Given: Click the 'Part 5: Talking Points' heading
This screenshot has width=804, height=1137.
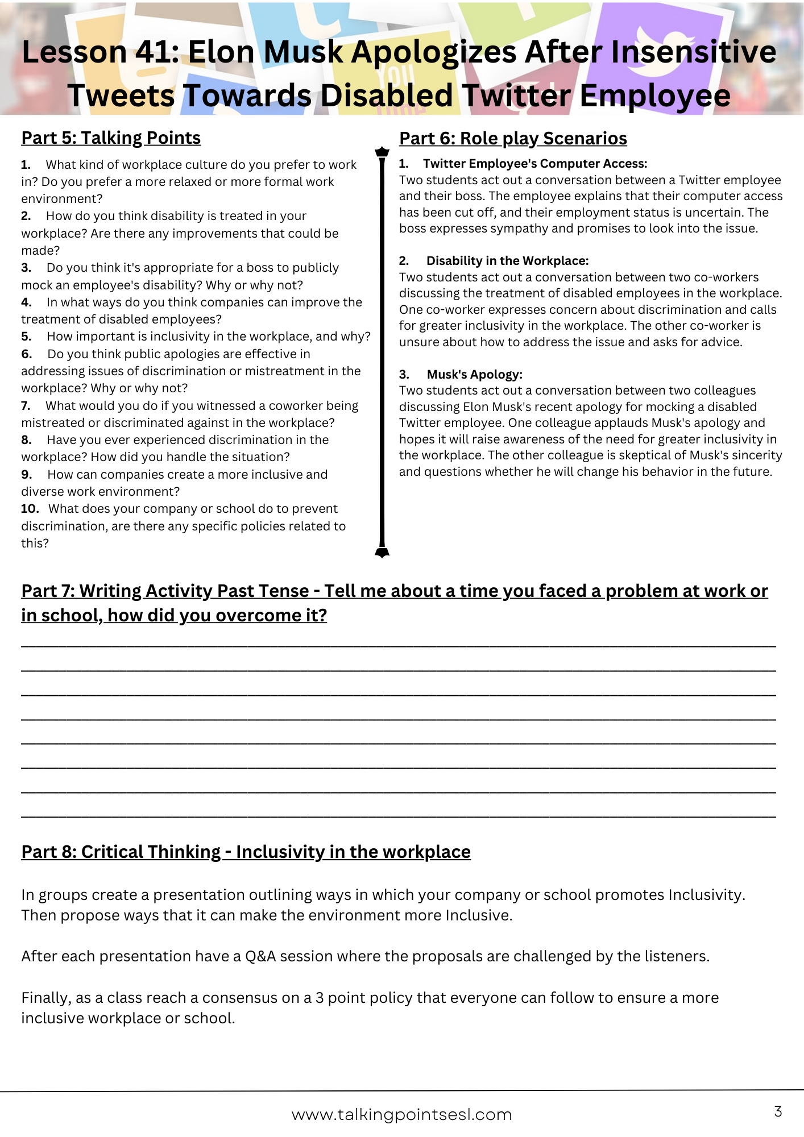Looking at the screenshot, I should (x=111, y=138).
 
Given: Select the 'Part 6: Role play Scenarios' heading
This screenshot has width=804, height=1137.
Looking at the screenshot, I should (x=513, y=139).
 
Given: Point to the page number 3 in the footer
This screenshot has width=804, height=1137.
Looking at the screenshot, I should (x=778, y=1111).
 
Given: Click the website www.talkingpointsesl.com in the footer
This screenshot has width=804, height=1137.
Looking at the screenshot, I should (x=402, y=1115).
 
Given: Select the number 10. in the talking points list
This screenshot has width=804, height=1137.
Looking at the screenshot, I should (x=30, y=509).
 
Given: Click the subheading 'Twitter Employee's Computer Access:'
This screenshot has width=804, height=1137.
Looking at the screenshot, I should (x=534, y=164).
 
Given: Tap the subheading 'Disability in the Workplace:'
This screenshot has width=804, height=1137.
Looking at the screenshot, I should (x=507, y=261).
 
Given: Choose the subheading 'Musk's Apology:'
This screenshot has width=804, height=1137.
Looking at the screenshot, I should (x=474, y=375).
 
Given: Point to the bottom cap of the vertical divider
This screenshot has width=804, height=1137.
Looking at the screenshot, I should (x=382, y=552).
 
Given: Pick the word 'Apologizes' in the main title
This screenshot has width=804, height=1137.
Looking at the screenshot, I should (x=434, y=52).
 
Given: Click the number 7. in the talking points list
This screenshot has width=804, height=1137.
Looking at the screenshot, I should (x=26, y=406).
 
